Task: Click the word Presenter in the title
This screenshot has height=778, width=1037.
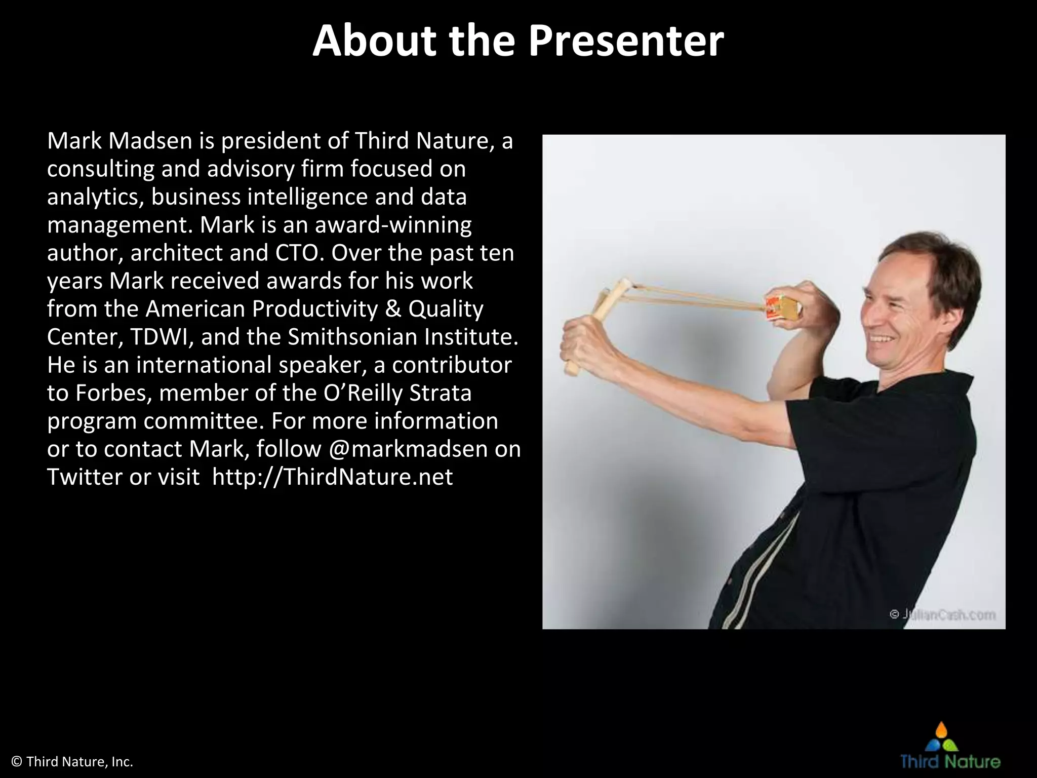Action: tap(626, 42)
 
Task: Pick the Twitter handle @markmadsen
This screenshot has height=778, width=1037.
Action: tap(408, 449)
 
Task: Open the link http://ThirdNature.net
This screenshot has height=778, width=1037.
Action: tap(332, 477)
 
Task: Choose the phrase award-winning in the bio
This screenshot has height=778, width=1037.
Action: tap(393, 225)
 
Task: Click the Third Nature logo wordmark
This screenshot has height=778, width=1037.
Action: tap(950, 762)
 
